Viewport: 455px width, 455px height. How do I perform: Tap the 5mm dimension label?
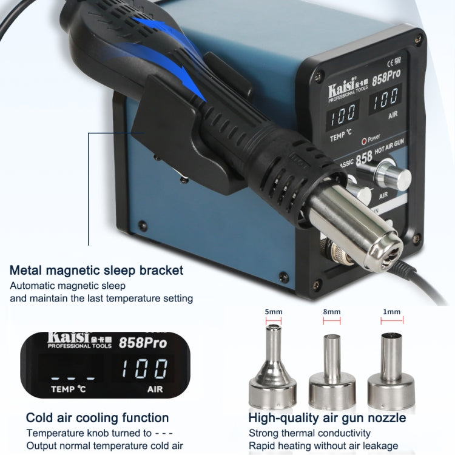pyautogui.click(x=274, y=312)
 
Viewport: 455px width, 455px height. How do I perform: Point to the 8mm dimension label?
pyautogui.click(x=331, y=312)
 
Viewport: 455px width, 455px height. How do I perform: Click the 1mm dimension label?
pyautogui.click(x=392, y=312)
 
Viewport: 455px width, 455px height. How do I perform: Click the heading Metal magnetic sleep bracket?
pyautogui.click(x=96, y=271)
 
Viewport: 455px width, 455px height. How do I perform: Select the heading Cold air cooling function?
pyautogui.click(x=97, y=417)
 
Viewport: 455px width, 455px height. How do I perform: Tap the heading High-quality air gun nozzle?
pyautogui.click(x=327, y=417)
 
